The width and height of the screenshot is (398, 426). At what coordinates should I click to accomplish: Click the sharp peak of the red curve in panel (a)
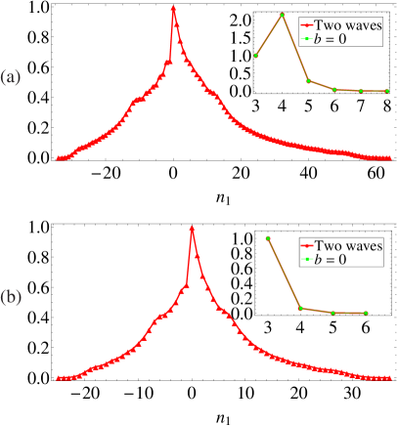click(x=173, y=9)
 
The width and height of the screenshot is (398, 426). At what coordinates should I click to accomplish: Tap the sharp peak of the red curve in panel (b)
click(x=192, y=228)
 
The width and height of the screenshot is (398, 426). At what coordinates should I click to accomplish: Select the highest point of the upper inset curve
click(x=282, y=15)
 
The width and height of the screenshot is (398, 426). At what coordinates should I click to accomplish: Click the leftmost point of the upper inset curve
click(x=255, y=56)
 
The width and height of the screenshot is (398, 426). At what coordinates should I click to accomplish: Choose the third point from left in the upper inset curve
click(x=308, y=81)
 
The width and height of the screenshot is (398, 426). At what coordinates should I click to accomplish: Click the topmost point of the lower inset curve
click(x=267, y=237)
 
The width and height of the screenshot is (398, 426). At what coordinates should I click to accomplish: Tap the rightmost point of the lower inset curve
click(x=366, y=313)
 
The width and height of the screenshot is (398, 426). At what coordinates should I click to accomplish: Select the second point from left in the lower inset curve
click(x=300, y=309)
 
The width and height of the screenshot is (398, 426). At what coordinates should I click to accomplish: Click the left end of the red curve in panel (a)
click(x=59, y=157)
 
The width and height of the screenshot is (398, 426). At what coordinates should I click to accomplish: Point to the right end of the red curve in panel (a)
click(x=390, y=156)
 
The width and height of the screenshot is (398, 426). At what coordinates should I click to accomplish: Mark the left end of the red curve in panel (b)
click(x=59, y=377)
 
